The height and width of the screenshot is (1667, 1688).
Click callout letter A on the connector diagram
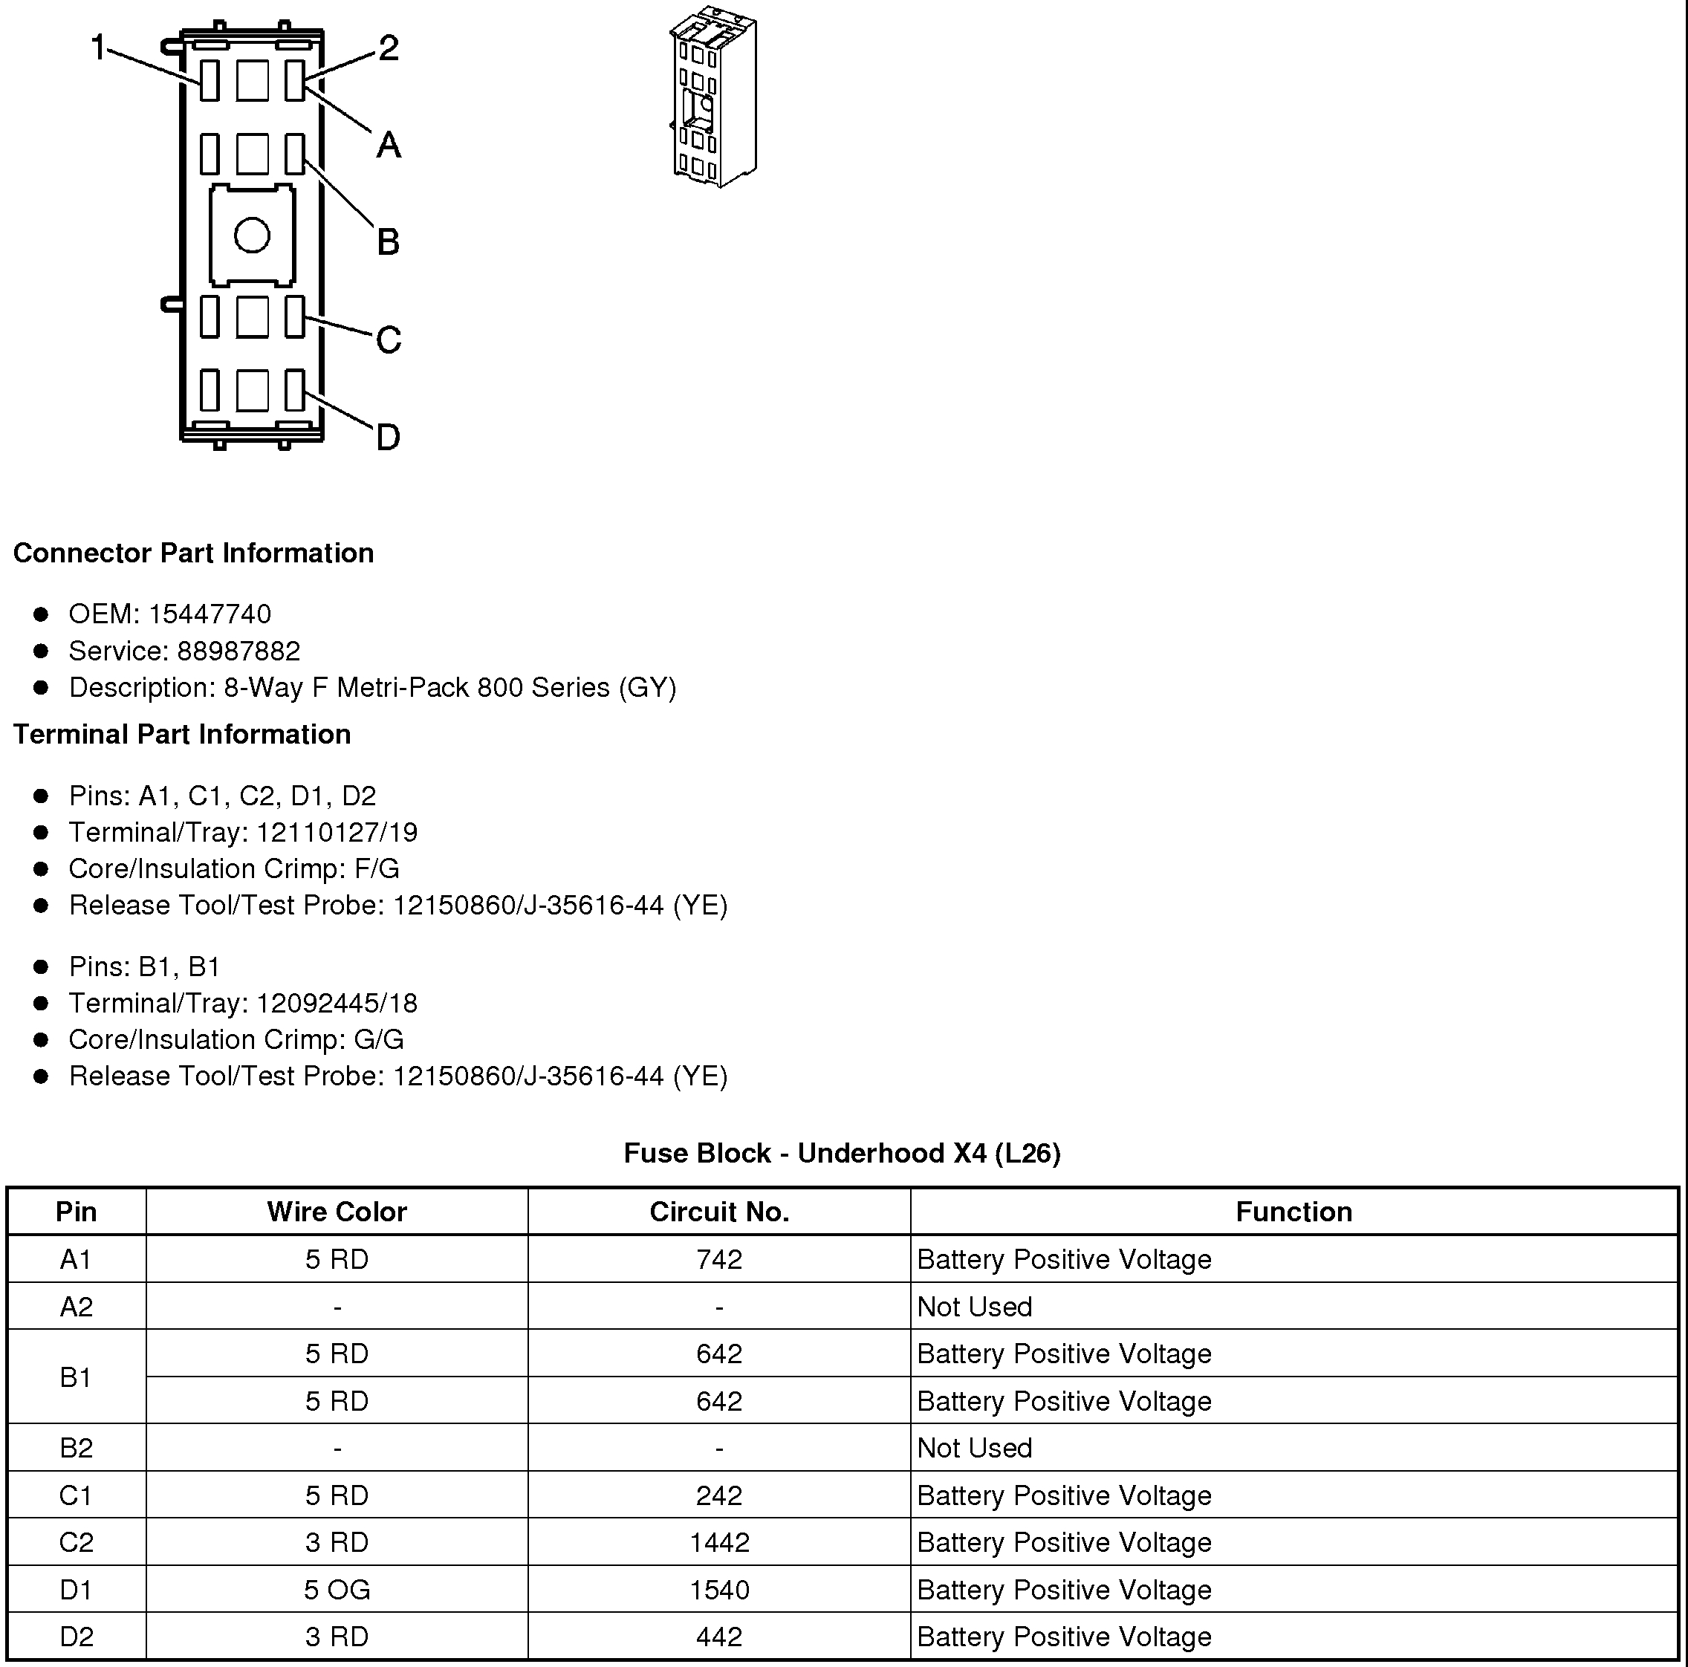coord(389,145)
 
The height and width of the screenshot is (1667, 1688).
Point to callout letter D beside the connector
coord(388,437)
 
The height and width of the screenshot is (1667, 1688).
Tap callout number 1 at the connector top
coord(99,48)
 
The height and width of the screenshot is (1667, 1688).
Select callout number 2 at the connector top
coord(389,48)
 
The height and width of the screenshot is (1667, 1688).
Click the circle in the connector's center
coord(253,235)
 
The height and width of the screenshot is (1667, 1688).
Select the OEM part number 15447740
coord(210,614)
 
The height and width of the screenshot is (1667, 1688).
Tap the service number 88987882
coord(238,651)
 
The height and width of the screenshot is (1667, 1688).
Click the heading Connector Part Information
coord(193,553)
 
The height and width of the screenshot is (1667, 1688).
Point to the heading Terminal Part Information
coord(182,734)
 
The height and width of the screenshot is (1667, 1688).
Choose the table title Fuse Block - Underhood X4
coord(841,1153)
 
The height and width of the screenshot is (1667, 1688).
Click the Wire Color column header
coord(337,1212)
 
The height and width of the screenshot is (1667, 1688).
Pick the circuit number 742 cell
coord(719,1259)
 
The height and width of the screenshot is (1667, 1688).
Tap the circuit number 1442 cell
coord(719,1542)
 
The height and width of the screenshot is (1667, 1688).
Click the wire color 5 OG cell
coord(337,1589)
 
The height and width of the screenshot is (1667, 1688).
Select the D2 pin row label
coord(76,1637)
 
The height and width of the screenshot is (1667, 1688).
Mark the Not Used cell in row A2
coord(974,1306)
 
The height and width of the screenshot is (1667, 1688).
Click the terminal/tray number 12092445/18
coord(337,1003)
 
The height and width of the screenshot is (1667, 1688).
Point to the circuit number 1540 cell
coord(719,1589)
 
